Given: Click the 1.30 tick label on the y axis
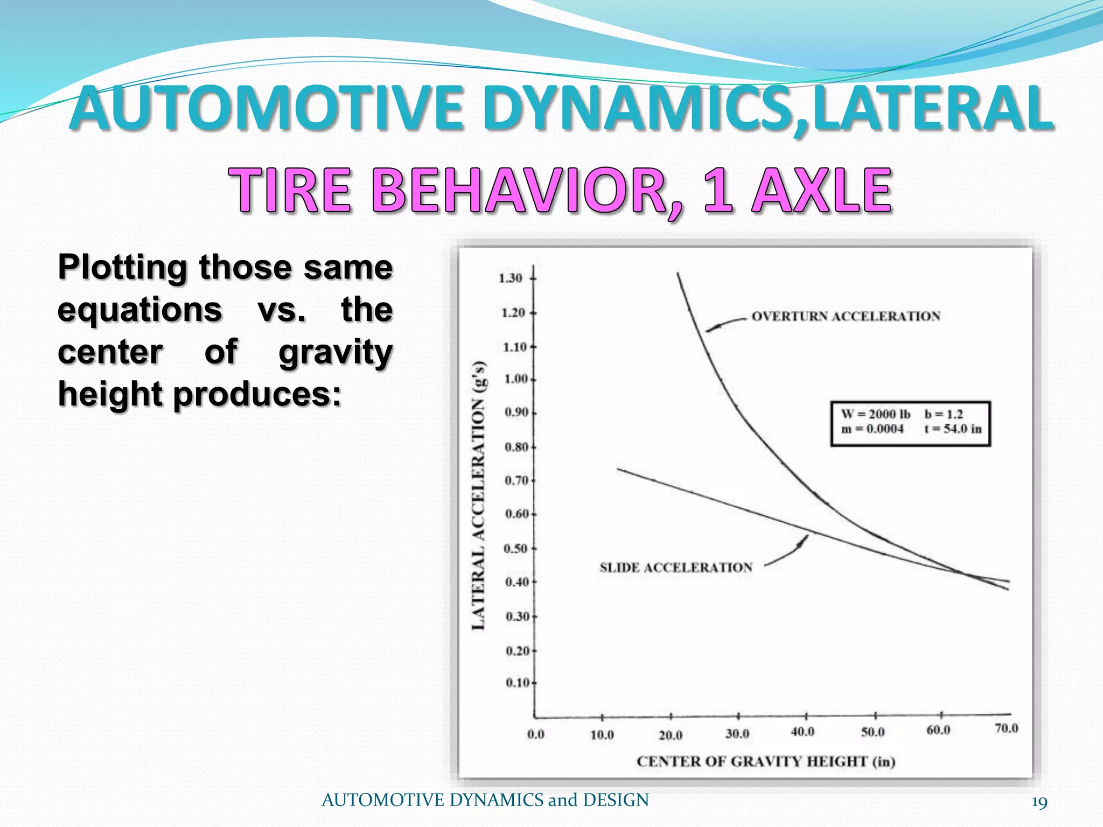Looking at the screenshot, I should [510, 278].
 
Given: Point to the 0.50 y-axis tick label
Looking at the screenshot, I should [516, 549].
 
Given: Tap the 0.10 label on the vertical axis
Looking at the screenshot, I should [518, 683].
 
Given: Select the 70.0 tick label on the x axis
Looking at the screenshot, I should [1006, 728].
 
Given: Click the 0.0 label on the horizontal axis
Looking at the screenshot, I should [536, 734].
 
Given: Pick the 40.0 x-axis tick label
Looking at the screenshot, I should [802, 732].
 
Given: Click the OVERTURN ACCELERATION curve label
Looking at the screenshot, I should [846, 316].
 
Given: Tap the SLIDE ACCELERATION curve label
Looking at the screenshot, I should [676, 567].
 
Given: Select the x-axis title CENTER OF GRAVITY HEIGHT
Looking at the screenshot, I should [765, 761].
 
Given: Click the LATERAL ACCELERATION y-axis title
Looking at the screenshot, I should [479, 495].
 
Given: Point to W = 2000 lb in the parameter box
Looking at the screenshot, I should [876, 414].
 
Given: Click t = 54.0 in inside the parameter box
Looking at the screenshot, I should [953, 429].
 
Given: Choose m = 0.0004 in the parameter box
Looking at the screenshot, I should [872, 429].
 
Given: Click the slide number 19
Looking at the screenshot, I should [1039, 802].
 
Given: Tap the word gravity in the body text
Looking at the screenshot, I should [336, 353].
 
